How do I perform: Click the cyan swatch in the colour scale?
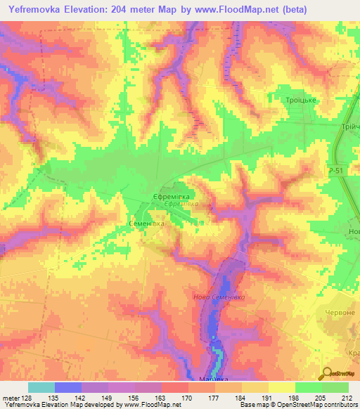[x=41, y=387]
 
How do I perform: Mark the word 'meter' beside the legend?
[x=10, y=398]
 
